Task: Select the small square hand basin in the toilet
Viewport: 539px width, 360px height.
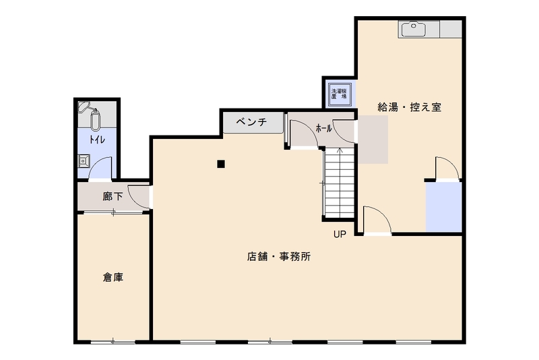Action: tap(84, 160)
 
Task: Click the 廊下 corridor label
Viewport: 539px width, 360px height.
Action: tap(113, 198)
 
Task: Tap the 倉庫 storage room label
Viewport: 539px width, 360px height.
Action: tap(113, 276)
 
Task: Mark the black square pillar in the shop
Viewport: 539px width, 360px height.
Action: tap(220, 163)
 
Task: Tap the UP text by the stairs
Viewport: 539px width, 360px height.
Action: tap(339, 235)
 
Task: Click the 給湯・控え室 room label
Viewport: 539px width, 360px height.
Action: tap(409, 107)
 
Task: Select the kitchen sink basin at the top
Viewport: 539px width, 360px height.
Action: tap(413, 29)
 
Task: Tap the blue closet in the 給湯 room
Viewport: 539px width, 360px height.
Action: tap(443, 206)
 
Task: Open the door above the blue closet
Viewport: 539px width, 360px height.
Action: tap(446, 169)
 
